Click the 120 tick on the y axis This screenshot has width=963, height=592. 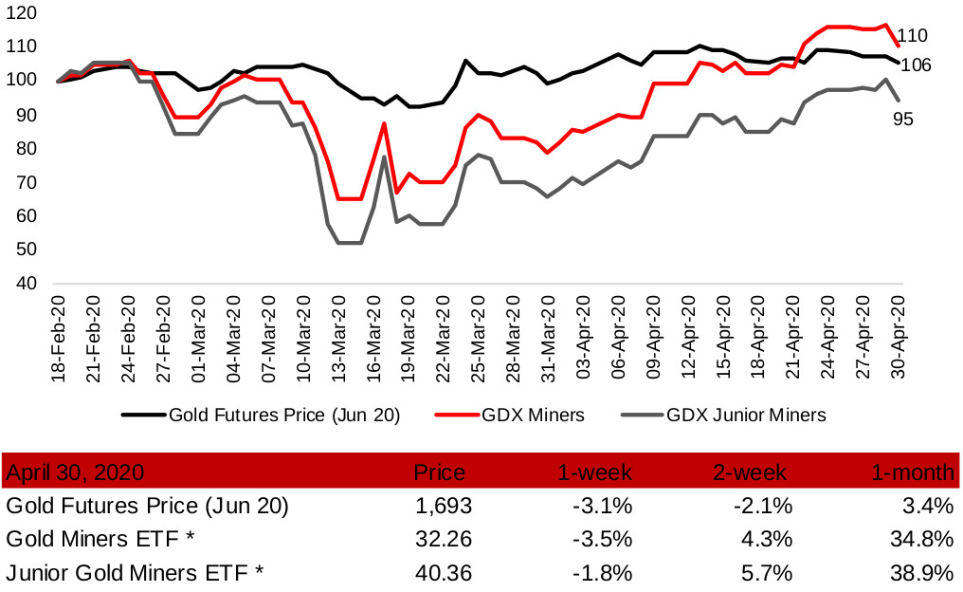(24, 13)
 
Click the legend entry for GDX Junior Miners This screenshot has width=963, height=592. (746, 415)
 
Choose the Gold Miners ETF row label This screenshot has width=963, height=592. (100, 539)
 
